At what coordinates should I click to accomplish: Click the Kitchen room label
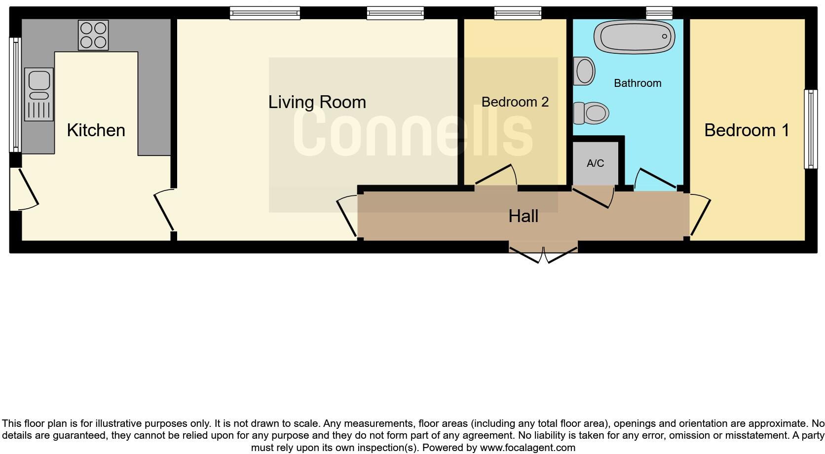pos(96,130)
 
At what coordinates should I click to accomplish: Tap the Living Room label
pos(317,102)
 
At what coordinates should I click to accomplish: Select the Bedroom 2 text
pos(515,102)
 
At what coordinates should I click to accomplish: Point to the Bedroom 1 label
pos(746,130)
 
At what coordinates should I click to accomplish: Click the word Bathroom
pos(637,83)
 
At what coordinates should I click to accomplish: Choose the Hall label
pos(523,216)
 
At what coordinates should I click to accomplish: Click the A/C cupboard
pos(595,163)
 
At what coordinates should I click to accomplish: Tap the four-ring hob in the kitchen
pos(93,35)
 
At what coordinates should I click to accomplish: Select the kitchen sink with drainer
pos(38,94)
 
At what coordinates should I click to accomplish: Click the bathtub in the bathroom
pos(634,37)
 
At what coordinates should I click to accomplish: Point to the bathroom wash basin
pos(585,71)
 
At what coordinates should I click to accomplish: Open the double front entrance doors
pos(543,252)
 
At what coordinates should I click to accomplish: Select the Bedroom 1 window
pos(810,129)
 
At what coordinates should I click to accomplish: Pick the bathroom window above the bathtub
pos(659,12)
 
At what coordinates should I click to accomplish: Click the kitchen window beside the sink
pos(15,95)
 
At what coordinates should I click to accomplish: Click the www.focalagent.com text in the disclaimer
pos(527,448)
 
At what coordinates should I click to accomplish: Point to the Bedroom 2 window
pos(518,13)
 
